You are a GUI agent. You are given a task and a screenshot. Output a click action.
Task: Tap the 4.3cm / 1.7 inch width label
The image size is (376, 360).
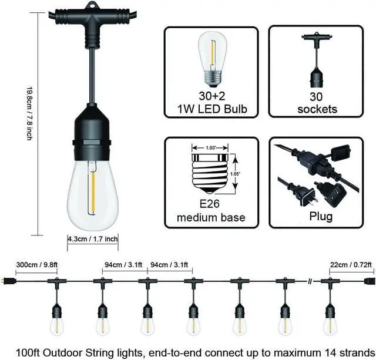(x=93, y=239)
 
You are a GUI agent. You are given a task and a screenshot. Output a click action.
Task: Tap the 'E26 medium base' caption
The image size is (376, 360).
(x=211, y=212)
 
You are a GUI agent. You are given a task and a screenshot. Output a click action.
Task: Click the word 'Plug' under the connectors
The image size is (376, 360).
(x=321, y=217)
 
